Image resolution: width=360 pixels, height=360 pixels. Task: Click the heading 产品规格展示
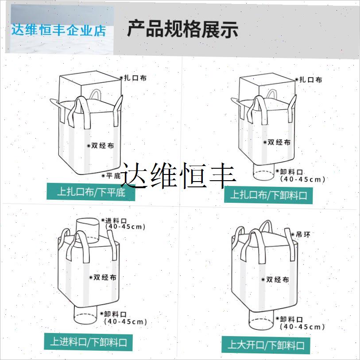click(182, 29)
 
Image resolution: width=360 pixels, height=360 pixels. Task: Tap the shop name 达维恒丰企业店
click(59, 31)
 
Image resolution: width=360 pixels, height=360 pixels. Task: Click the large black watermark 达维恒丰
click(179, 175)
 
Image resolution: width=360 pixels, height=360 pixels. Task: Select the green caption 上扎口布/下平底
click(91, 192)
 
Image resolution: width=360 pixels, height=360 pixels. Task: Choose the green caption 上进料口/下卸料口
click(88, 342)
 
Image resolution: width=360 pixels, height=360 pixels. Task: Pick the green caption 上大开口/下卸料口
click(266, 345)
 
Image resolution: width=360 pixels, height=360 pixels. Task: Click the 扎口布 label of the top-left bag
click(135, 78)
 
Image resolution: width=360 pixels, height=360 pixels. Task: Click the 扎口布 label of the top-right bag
click(310, 80)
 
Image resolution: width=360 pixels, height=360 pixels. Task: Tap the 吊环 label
click(303, 234)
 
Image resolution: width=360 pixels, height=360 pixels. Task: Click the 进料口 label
click(116, 221)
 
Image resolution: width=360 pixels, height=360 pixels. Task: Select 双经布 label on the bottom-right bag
click(278, 280)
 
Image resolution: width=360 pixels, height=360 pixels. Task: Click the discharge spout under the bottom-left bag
click(85, 317)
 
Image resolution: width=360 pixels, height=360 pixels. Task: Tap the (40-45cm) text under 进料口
click(126, 227)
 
